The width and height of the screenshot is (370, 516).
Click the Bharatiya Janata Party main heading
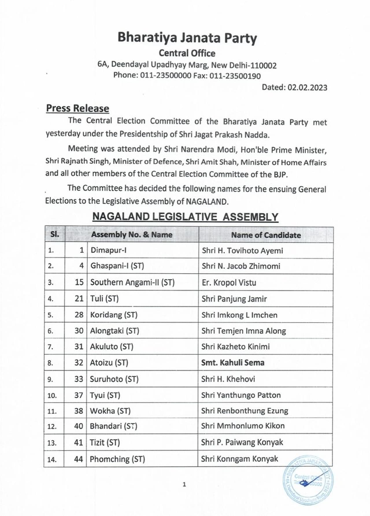[x=187, y=38]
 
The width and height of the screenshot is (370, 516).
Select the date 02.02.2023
[x=307, y=87]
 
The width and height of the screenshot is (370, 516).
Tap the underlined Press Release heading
[x=77, y=108]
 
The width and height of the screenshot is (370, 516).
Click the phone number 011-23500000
[x=166, y=75]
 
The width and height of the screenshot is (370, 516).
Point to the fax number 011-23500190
[x=235, y=76]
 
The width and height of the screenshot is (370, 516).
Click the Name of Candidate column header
[x=266, y=235]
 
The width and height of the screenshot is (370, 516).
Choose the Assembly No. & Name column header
[x=132, y=235]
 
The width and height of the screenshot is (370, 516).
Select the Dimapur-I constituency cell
[x=108, y=250]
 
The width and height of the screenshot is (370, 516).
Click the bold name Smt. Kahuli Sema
[x=233, y=363]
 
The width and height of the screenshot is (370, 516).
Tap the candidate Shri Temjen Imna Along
[x=244, y=331]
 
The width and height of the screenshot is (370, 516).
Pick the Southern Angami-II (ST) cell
[x=132, y=282]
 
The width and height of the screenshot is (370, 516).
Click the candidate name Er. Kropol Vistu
[x=229, y=283]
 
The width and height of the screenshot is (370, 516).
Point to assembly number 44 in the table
[x=78, y=459]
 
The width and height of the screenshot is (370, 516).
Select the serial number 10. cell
[x=52, y=395]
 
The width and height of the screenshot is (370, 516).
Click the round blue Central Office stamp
[x=308, y=480]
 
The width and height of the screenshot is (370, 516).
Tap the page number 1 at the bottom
[x=184, y=484]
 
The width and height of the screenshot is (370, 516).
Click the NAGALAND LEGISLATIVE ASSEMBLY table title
[x=185, y=217]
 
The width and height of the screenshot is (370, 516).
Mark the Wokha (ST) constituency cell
[x=110, y=411]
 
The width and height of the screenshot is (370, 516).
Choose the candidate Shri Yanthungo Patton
[x=241, y=395]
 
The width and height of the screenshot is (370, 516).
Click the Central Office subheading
[x=187, y=53]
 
